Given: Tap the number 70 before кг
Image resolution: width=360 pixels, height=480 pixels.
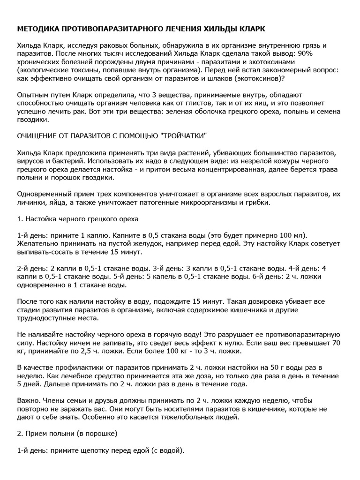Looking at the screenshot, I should click(336, 342).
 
